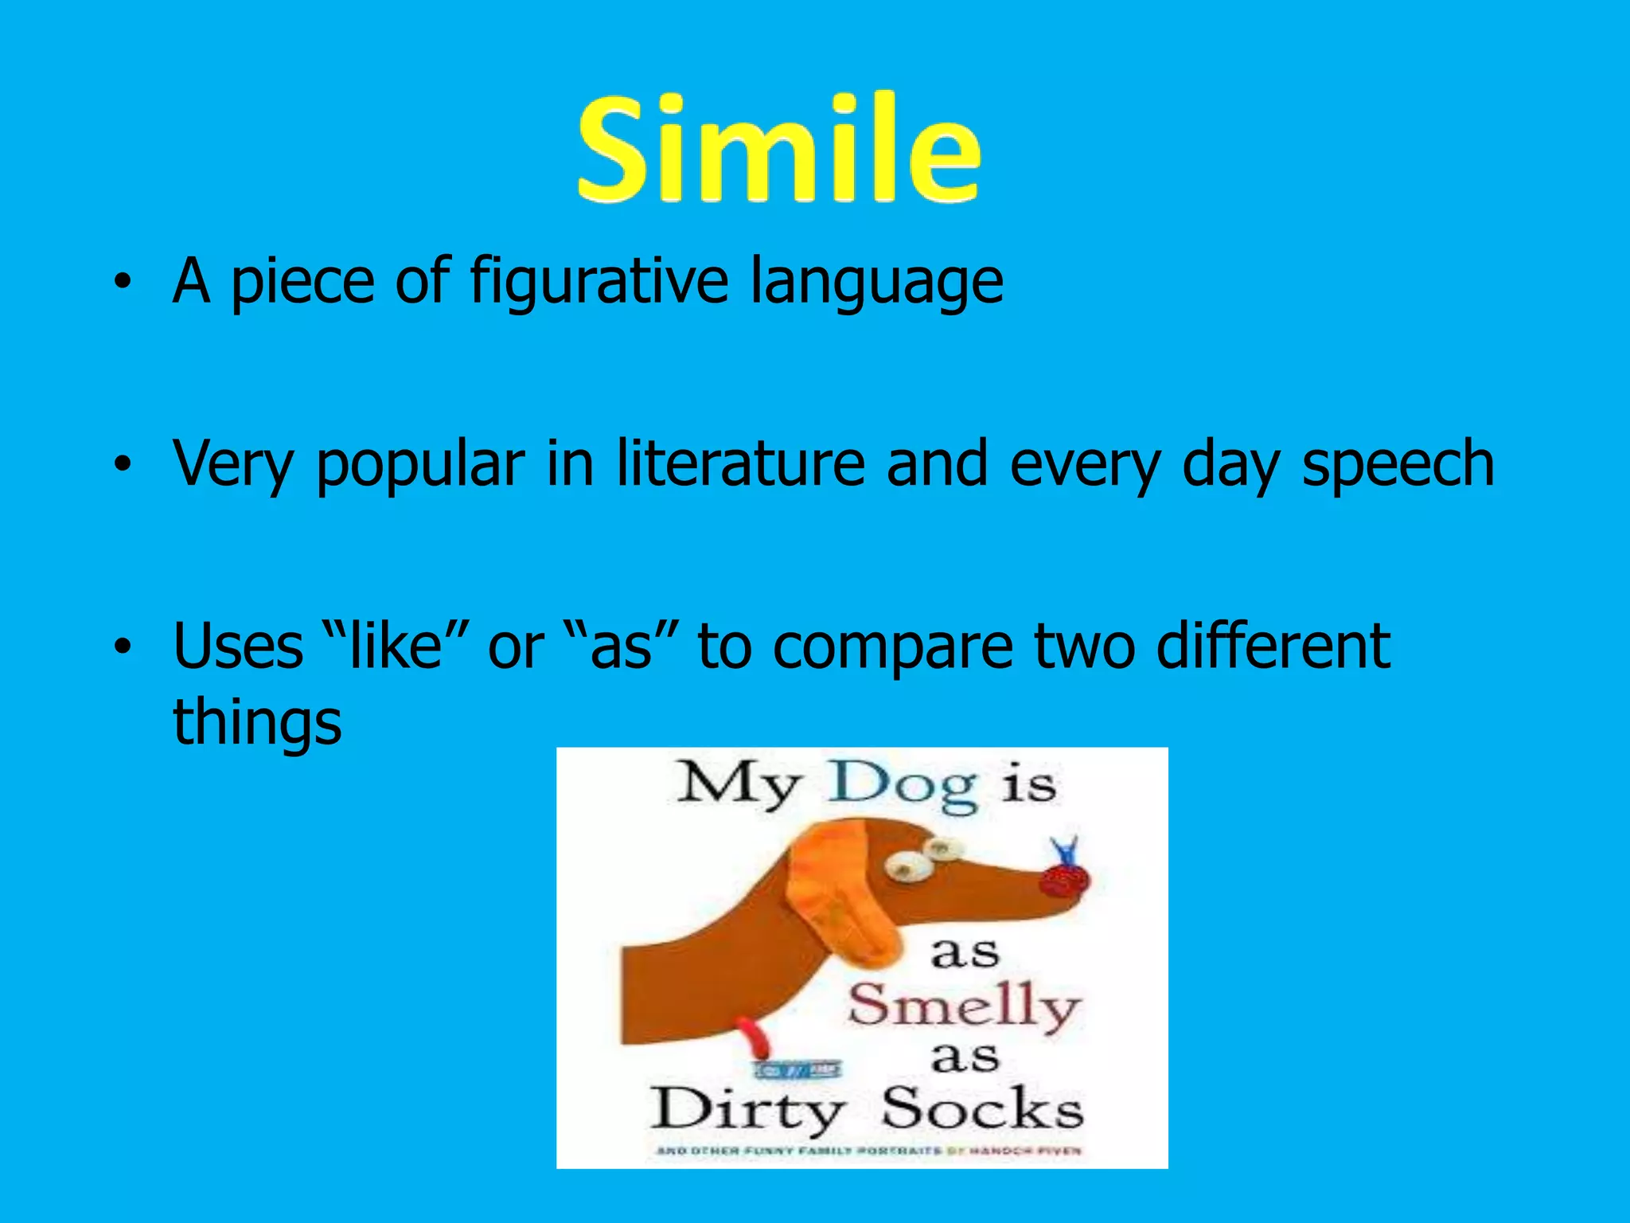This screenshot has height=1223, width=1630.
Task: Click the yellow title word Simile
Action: coord(778,150)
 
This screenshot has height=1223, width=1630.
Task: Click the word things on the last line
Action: coord(257,721)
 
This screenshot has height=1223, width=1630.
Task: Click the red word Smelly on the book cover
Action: coord(964,1006)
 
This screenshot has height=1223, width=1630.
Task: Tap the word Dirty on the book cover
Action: coord(747,1110)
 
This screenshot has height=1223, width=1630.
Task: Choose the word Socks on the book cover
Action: coord(982,1108)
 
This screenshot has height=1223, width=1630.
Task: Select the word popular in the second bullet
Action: coord(420,465)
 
